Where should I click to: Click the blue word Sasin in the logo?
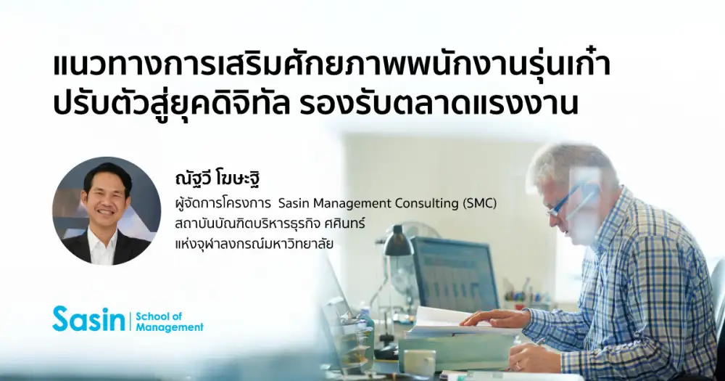[x=88, y=319]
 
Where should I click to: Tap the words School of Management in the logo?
[x=169, y=321]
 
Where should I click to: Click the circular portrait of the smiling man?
[x=107, y=211]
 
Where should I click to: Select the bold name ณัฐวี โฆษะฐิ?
[x=217, y=179]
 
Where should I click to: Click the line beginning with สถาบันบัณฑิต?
[x=270, y=224]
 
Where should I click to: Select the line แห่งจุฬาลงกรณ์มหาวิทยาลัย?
[x=254, y=244]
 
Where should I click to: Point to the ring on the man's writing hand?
[x=518, y=366]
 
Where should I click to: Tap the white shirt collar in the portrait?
[x=103, y=244]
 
